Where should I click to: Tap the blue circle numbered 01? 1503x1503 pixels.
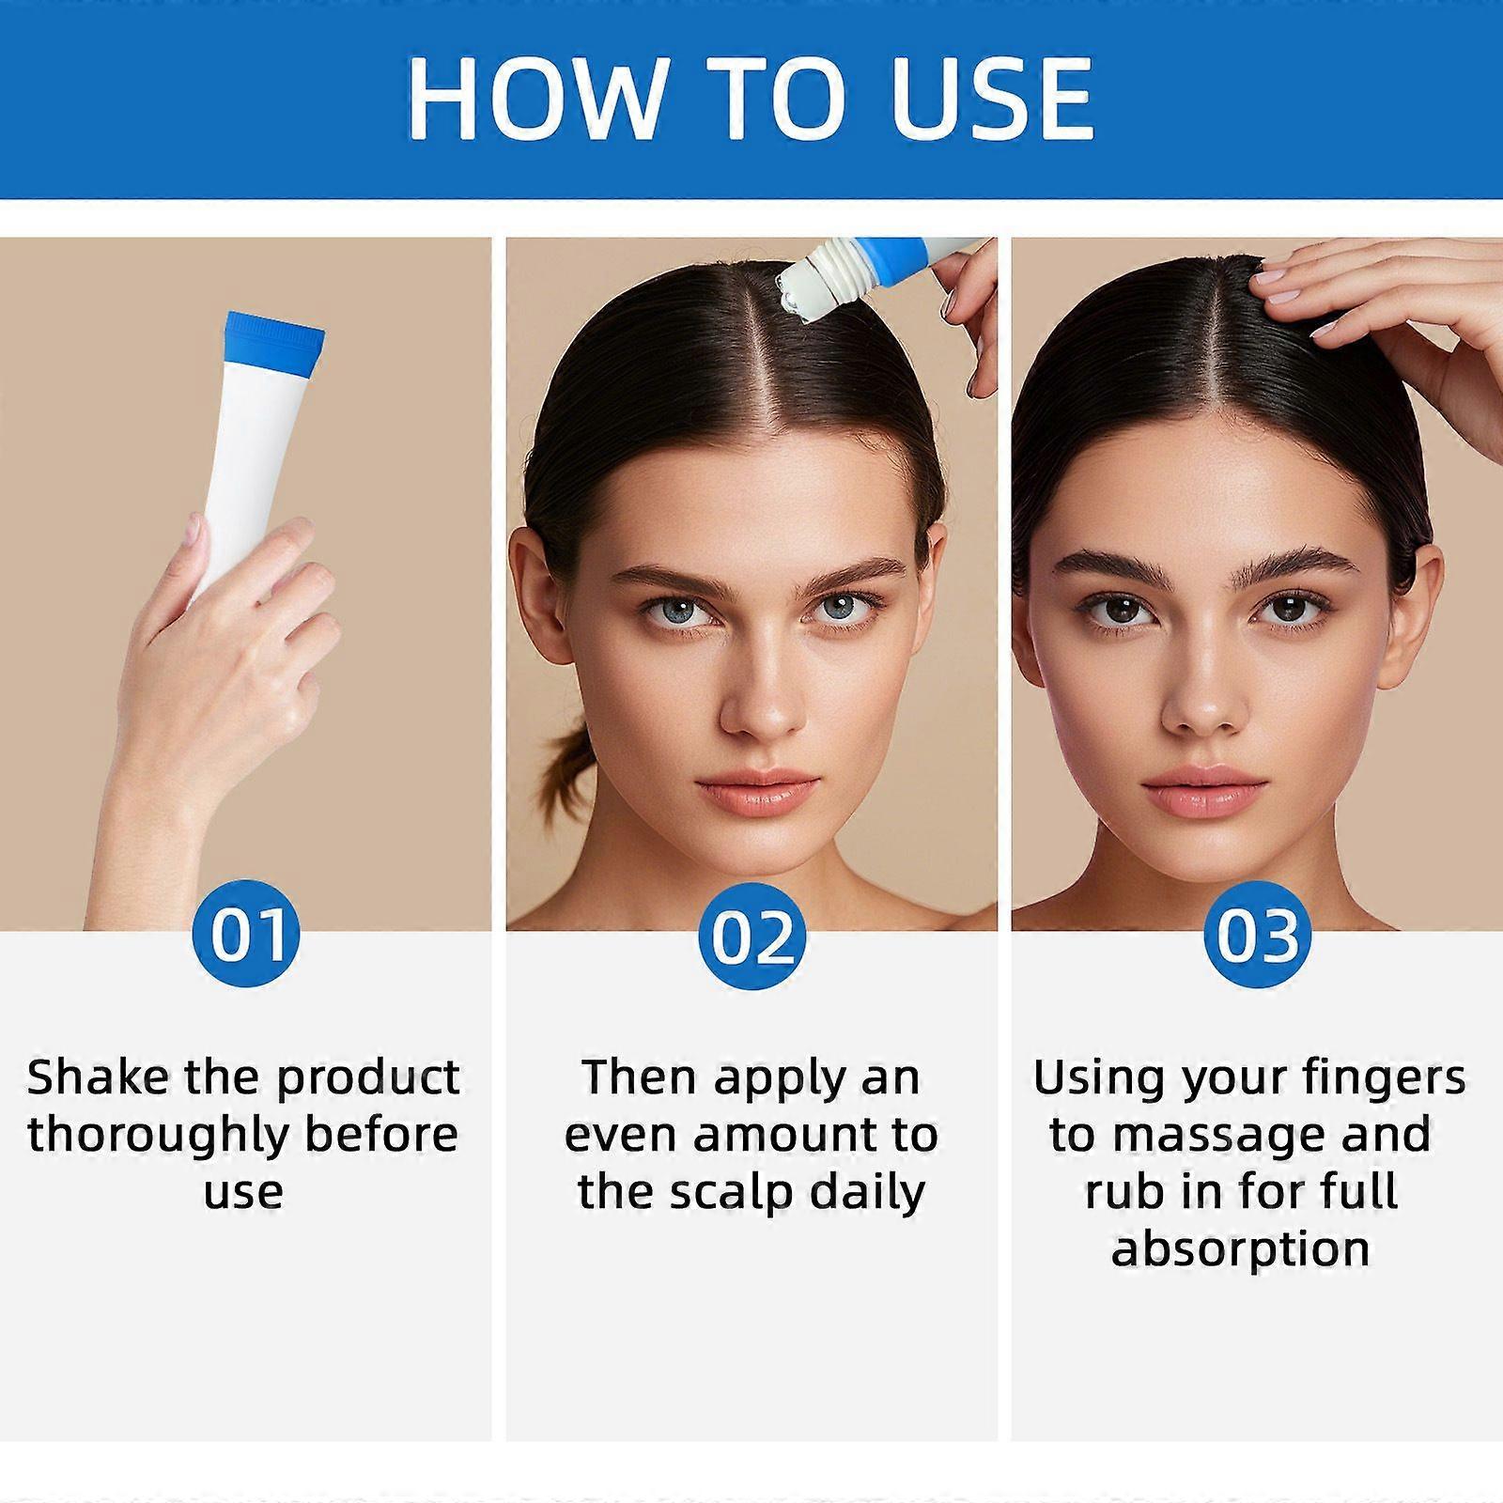pyautogui.click(x=246, y=934)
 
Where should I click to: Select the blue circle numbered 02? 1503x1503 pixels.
pyautogui.click(x=751, y=936)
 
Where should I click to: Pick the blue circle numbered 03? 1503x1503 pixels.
pyautogui.click(x=1257, y=936)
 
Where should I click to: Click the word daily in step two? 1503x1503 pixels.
pyautogui.click(x=868, y=1193)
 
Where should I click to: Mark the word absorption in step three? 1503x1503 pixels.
pyautogui.click(x=1240, y=1249)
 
